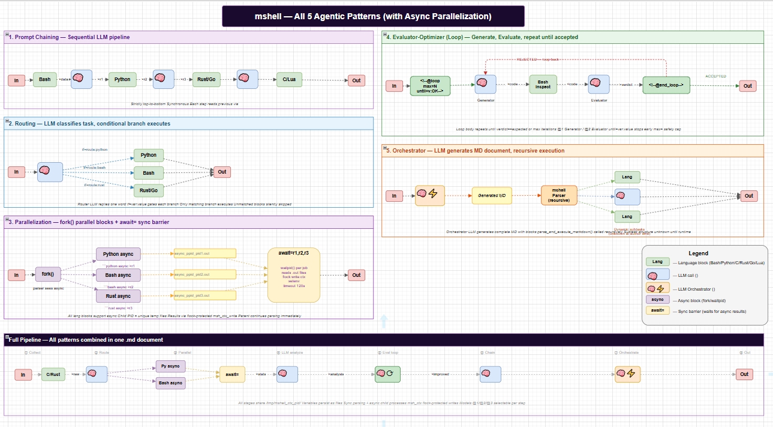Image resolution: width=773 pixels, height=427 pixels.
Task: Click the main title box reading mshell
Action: pyautogui.click(x=373, y=16)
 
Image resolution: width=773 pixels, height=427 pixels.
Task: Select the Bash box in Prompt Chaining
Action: pyautogui.click(x=45, y=79)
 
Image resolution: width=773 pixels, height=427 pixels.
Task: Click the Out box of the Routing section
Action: pyautogui.click(x=222, y=172)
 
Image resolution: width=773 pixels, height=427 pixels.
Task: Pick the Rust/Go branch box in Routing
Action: pyautogui.click(x=149, y=190)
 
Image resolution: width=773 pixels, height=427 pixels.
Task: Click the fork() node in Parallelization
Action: pyautogui.click(x=48, y=274)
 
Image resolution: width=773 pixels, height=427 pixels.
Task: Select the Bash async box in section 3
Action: pyautogui.click(x=118, y=275)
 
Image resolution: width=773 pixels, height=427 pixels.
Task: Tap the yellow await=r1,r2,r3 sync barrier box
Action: pyautogui.click(x=294, y=275)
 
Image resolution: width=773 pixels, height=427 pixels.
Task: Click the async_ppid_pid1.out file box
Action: pyautogui.click(x=204, y=253)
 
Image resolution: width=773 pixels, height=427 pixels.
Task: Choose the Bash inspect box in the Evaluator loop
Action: pyautogui.click(x=543, y=85)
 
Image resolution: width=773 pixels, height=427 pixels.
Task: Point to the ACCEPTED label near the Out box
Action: pyautogui.click(x=715, y=76)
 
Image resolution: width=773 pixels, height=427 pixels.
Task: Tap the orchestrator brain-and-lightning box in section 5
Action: pyautogui.click(x=430, y=196)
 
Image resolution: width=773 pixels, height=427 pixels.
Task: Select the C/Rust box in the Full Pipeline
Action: pyautogui.click(x=53, y=374)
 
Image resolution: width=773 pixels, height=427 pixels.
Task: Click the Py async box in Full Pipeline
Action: pyautogui.click(x=170, y=366)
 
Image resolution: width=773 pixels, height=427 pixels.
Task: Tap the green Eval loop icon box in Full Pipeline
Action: pyautogui.click(x=387, y=374)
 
